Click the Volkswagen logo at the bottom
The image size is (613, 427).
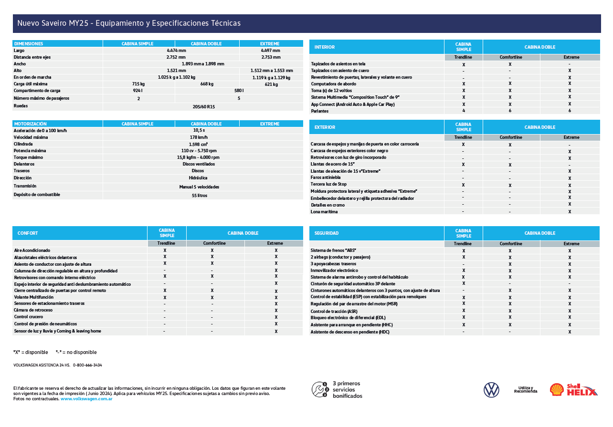pyautogui.click(x=491, y=390)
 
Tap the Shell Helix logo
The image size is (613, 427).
pyautogui.click(x=573, y=390)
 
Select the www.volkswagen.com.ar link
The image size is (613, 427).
pyautogui.click(x=86, y=399)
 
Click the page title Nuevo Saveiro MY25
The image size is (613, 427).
pyautogui.click(x=129, y=23)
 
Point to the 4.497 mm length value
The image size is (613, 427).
pyautogui.click(x=271, y=51)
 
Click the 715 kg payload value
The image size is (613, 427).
pyautogui.click(x=138, y=84)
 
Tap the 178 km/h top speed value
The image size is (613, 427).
pyautogui.click(x=199, y=137)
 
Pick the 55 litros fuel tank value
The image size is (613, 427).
pyautogui.click(x=199, y=196)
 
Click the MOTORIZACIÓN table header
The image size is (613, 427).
pyautogui.click(x=31, y=124)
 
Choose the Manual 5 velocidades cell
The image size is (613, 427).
pyautogui.click(x=199, y=187)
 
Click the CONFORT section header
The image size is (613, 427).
pyautogui.click(x=28, y=233)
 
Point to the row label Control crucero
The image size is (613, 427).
pyautogui.click(x=29, y=317)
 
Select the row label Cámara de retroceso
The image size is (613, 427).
pyautogui.click(x=34, y=310)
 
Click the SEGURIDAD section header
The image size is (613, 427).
pyautogui.click(x=327, y=233)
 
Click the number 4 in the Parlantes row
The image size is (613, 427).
pyautogui.click(x=464, y=111)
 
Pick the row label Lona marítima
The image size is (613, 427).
pyautogui.click(x=324, y=211)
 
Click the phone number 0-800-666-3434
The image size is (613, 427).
pyautogui.click(x=87, y=365)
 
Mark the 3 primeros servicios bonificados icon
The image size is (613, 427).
pyautogui.click(x=320, y=390)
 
